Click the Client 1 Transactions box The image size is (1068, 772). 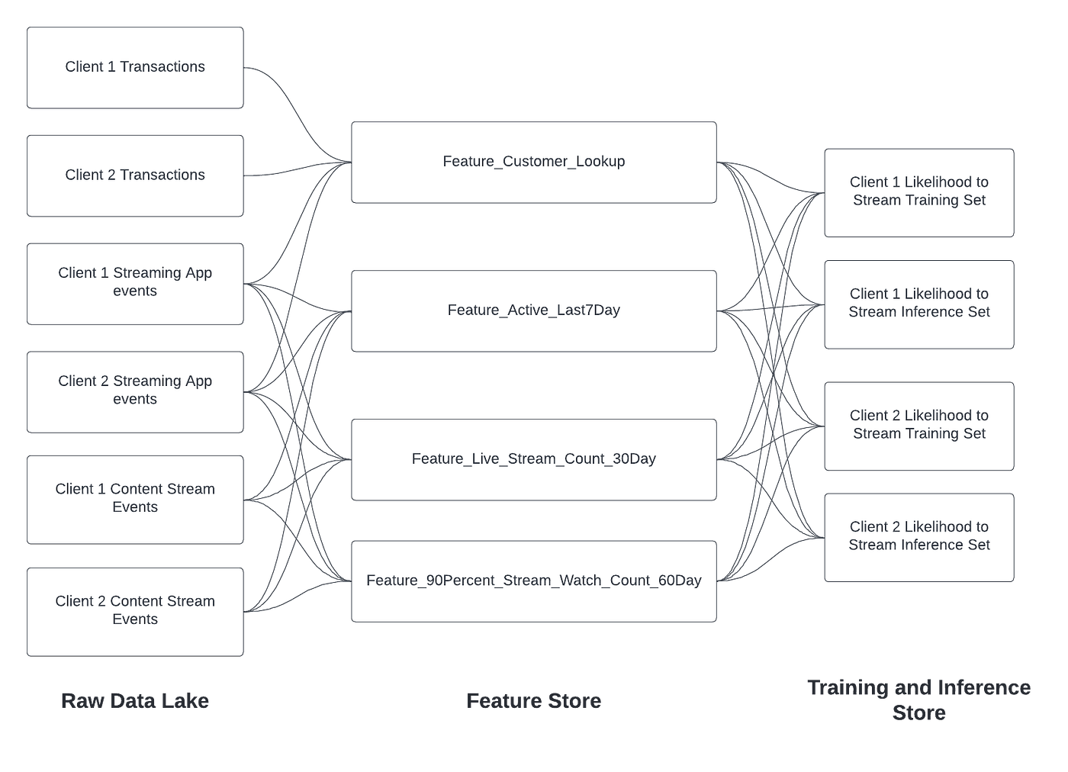[x=135, y=67]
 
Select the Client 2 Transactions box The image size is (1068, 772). [x=135, y=175]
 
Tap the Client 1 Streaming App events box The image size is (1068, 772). [x=135, y=283]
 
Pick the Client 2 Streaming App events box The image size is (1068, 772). [x=135, y=391]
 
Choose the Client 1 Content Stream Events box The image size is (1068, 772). [x=135, y=499]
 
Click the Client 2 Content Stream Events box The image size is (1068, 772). [x=135, y=611]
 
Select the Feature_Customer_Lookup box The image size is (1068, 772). [x=533, y=162]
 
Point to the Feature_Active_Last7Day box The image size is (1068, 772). [x=533, y=310]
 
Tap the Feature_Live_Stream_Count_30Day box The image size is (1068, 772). [x=533, y=459]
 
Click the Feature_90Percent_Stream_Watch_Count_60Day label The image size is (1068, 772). [x=533, y=581]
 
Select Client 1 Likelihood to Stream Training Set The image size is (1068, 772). [x=918, y=191]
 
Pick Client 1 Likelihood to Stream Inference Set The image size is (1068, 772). [x=918, y=304]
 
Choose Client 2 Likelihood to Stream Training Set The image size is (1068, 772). [x=918, y=425]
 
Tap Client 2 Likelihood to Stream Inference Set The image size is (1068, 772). [x=918, y=536]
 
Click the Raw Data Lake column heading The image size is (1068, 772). [x=134, y=701]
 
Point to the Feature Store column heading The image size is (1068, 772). [x=533, y=701]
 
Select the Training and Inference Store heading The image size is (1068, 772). [x=918, y=700]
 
